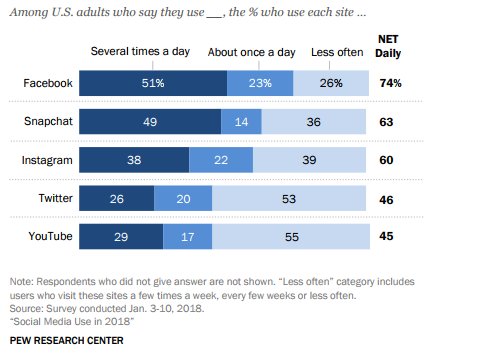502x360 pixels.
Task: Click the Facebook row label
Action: [x=46, y=83]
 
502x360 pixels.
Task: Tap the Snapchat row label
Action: [x=46, y=121]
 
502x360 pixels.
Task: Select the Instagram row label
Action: [x=45, y=159]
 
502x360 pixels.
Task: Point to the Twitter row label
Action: [x=52, y=197]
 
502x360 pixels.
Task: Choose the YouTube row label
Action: [x=48, y=236]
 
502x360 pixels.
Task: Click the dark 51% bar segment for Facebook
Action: [x=153, y=83]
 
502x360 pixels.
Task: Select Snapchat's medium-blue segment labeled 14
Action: [x=241, y=121]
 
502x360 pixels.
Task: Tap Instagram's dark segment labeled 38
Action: [x=133, y=159]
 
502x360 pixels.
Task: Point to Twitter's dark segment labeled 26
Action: [x=116, y=197]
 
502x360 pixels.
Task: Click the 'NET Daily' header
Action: [x=388, y=45]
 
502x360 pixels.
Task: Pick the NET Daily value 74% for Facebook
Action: [x=390, y=83]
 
